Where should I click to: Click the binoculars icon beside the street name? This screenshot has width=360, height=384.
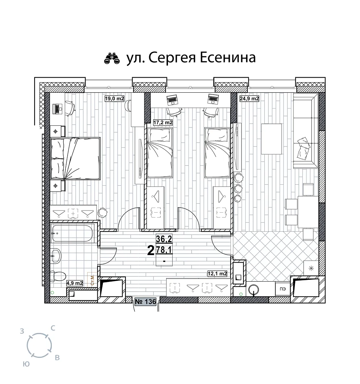click(112, 59)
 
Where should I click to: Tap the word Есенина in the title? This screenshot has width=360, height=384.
click(228, 58)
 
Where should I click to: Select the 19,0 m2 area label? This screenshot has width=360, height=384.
click(114, 99)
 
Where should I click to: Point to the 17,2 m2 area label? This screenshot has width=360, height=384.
click(163, 122)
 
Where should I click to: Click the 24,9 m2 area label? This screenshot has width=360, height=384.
click(249, 99)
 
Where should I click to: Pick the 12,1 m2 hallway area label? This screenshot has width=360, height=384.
click(217, 274)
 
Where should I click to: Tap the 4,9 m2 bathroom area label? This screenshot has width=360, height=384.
click(75, 283)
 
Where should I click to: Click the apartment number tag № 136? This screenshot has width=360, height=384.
click(146, 301)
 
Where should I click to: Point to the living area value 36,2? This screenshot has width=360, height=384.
click(164, 239)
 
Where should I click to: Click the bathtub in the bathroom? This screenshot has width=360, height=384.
click(72, 233)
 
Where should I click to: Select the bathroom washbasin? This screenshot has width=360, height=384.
click(56, 256)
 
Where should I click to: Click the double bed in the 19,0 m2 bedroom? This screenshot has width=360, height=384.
click(76, 158)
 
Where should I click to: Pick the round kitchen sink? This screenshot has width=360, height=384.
click(253, 290)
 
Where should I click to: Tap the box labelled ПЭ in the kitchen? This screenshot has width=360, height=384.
click(283, 289)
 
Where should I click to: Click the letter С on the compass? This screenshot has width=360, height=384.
click(53, 328)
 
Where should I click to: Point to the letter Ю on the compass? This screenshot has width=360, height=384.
click(26, 364)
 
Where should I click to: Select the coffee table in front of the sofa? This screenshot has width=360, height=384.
click(271, 139)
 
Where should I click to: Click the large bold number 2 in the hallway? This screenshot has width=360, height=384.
click(151, 250)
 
